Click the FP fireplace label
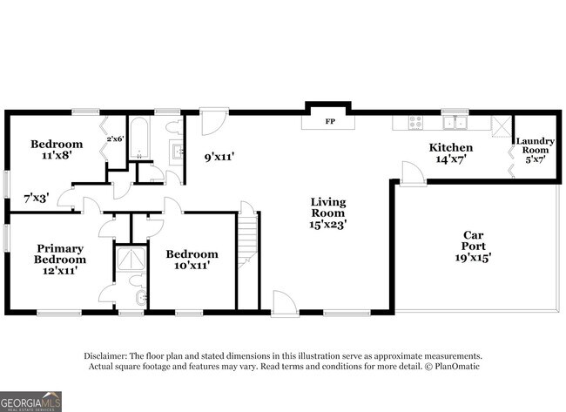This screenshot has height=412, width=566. tap(330, 121)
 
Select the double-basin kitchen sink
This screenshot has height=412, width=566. tap(453, 123)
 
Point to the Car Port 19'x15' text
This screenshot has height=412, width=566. tap(473, 247)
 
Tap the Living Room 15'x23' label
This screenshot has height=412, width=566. tap(327, 213)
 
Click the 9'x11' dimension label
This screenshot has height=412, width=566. tap(219, 158)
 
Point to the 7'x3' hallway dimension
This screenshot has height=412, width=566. tap(36, 198)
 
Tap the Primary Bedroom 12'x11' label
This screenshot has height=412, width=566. tap(60, 259)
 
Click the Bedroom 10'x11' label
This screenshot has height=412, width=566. tap(192, 260)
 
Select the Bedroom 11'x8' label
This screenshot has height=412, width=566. tap(57, 150)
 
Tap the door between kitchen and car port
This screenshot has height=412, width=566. tap(414, 173)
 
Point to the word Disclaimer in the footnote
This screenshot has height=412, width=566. tap(105, 356)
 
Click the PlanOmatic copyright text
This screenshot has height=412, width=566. tap(451, 366)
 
